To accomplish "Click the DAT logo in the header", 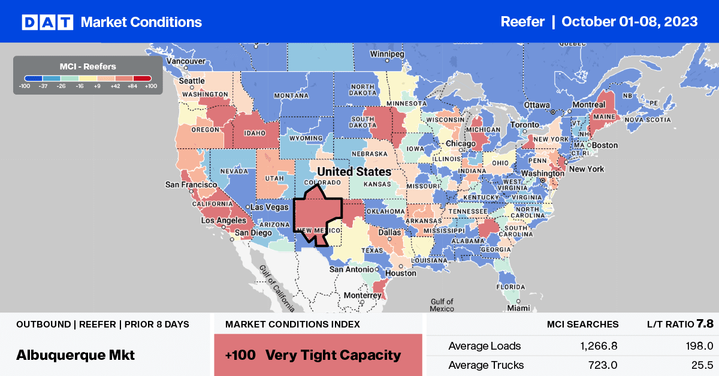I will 47,22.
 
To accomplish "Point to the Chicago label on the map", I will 460,144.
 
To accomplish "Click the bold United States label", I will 354,172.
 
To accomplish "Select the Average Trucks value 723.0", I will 602,365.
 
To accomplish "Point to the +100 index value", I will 240,355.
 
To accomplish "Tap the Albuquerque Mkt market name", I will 75,354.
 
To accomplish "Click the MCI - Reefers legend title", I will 87,66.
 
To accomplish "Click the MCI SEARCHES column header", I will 582,325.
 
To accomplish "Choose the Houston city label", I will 401,273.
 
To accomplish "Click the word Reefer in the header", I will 522,22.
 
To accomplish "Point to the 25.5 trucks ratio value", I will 691,365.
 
